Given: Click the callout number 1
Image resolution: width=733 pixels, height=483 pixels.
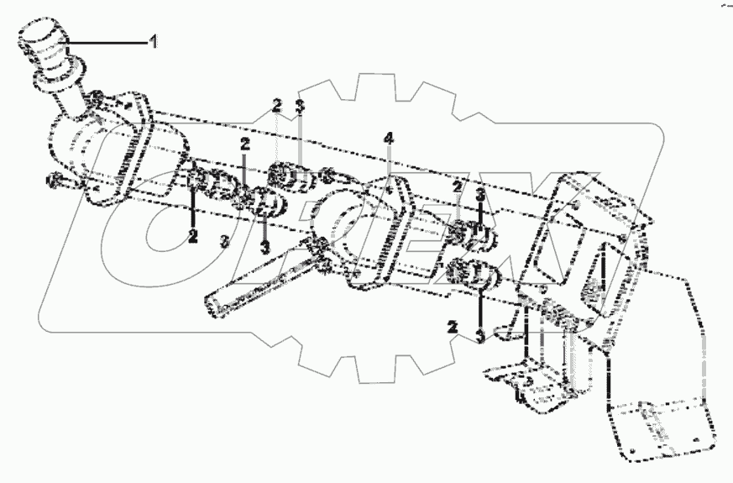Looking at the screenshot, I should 153,41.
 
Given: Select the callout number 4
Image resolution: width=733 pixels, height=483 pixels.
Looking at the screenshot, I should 388,138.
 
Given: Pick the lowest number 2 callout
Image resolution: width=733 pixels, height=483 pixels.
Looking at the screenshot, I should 453,327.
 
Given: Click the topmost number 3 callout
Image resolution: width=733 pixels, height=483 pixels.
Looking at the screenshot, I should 300,105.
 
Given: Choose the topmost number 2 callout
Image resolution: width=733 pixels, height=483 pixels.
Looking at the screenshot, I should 276,105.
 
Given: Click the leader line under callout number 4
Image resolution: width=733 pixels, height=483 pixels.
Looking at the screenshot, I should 389,164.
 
